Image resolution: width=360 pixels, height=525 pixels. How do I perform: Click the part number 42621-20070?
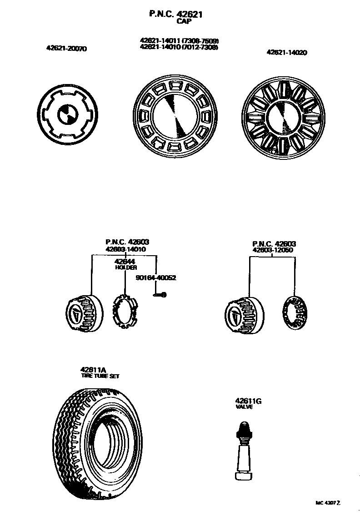66,48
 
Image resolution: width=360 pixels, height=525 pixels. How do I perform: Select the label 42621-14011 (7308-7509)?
179,41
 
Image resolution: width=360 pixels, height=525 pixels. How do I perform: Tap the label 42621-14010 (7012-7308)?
179,47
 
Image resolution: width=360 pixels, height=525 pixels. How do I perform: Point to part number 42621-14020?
286,53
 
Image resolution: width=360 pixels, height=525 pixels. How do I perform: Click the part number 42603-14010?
125,249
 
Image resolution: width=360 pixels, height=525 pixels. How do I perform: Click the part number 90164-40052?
156,278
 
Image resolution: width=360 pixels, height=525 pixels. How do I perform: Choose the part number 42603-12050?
273,250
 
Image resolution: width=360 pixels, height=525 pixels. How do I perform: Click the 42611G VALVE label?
248,404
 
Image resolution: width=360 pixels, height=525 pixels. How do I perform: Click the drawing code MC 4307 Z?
328,503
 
